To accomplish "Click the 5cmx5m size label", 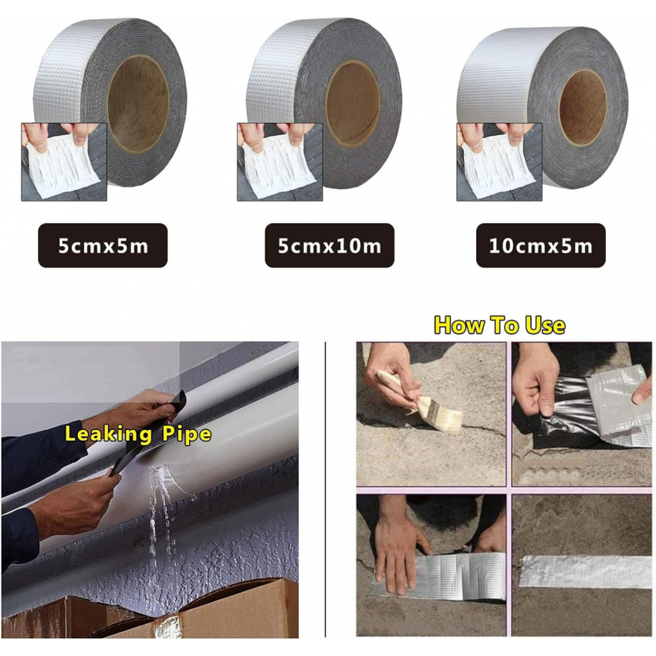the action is point(103,245).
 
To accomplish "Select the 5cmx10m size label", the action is point(330,245).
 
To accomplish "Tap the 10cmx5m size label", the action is point(541,245).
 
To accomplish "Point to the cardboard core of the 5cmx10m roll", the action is point(353,103).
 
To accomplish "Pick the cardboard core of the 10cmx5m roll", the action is point(583,108).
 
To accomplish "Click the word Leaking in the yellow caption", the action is point(108,434).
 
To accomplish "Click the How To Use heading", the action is point(499,326).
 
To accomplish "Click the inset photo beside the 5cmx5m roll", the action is point(64,162).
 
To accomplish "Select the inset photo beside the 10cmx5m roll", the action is point(499,162).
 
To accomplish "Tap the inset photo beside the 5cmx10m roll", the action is point(280,162).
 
